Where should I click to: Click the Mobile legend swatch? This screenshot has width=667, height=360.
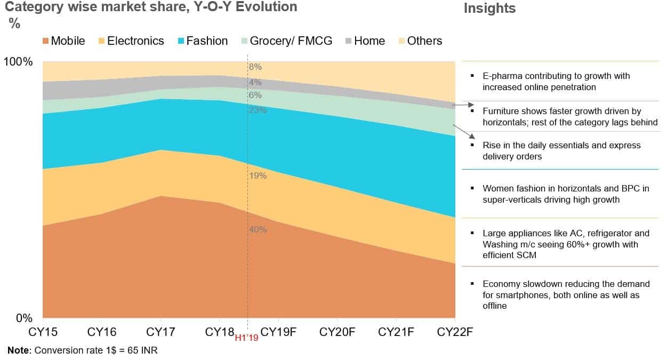click(46, 41)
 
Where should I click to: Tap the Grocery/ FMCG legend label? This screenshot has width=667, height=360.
click(291, 41)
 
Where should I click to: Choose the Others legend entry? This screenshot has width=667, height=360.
click(424, 41)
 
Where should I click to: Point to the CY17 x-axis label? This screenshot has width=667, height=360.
click(161, 332)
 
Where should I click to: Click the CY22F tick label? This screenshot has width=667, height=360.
click(455, 332)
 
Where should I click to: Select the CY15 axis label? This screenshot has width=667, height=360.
click(43, 332)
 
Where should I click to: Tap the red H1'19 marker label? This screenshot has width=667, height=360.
click(246, 338)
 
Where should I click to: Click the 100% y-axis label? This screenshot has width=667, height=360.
click(18, 62)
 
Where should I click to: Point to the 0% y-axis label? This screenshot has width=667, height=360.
click(25, 318)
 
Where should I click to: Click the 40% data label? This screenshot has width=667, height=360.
click(258, 229)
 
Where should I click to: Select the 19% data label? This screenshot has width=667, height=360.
click(258, 175)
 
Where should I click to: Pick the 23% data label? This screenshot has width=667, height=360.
click(258, 110)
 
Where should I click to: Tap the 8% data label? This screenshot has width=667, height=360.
click(255, 67)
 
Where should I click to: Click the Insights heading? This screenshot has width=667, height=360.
click(489, 9)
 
